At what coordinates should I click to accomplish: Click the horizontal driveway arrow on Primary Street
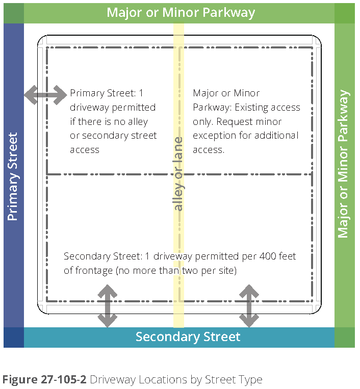pyautogui.click(x=45, y=94)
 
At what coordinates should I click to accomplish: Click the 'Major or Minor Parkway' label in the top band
pyautogui.click(x=181, y=12)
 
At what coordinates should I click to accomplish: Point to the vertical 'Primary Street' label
pyautogui.click(x=13, y=176)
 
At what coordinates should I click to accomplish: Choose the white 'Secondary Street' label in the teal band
pyautogui.click(x=188, y=337)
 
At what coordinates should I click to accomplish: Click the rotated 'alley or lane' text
pyautogui.click(x=178, y=173)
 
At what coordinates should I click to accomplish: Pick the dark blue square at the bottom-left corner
pyautogui.click(x=13, y=338)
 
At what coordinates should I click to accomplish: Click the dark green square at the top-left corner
pyautogui.click(x=13, y=13)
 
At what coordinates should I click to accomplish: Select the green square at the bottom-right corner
pyautogui.click(x=344, y=338)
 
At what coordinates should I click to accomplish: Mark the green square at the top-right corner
pyautogui.click(x=344, y=13)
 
